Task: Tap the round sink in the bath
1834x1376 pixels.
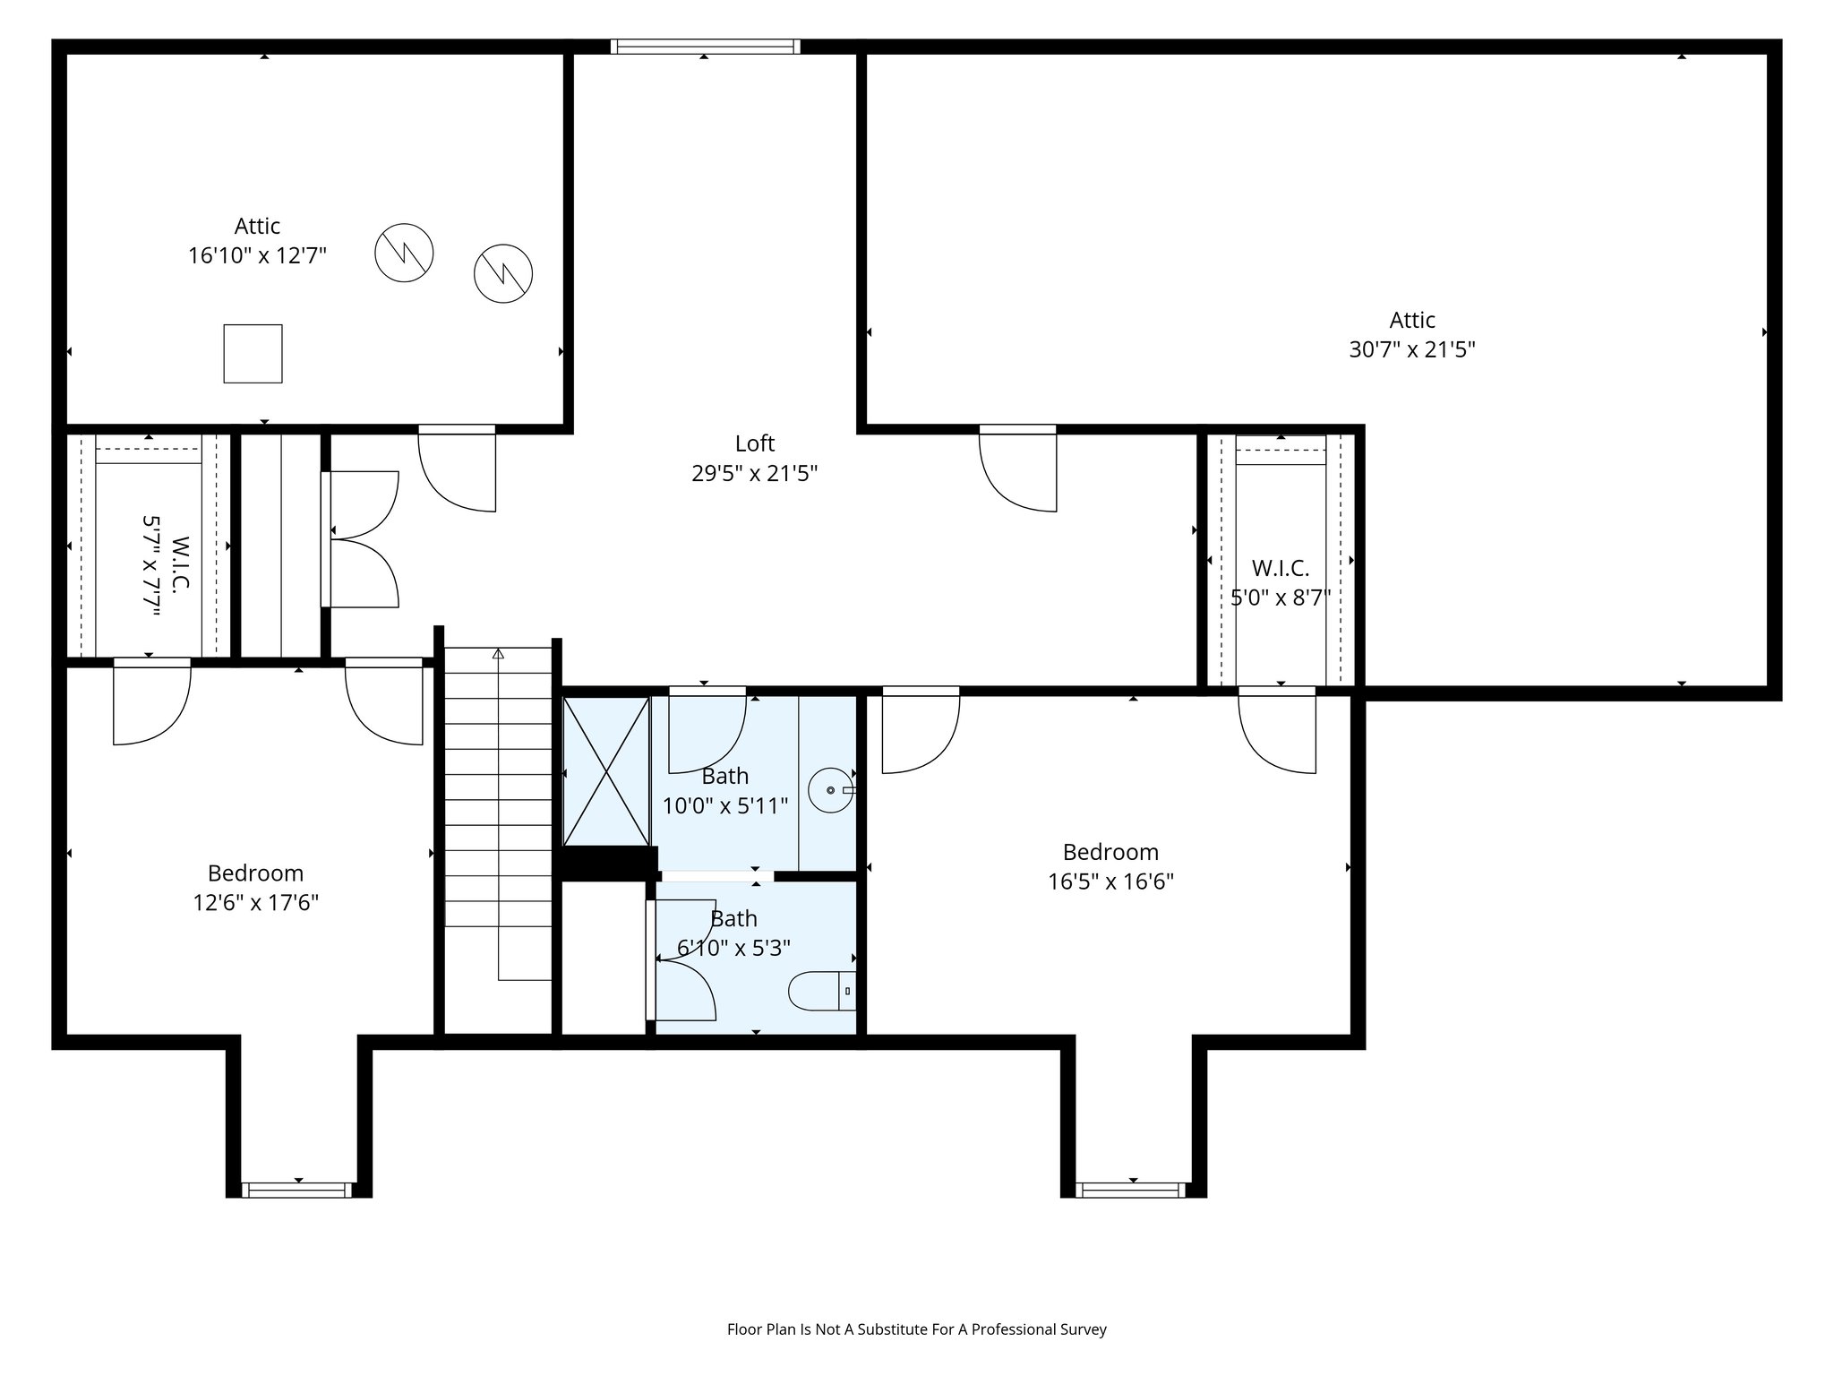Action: pos(831,790)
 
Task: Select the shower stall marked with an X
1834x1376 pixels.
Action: pos(606,771)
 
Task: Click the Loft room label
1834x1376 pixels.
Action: pos(754,443)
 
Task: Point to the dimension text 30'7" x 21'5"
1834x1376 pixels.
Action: pos(1411,349)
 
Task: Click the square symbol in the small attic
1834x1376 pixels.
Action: pos(253,354)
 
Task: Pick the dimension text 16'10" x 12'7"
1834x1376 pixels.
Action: pos(257,256)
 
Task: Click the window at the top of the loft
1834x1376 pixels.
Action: pos(705,47)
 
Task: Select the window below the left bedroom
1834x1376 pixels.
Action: pos(297,1190)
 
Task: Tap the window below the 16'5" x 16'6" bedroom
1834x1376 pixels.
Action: pos(1132,1190)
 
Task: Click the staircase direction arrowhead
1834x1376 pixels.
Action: pos(498,654)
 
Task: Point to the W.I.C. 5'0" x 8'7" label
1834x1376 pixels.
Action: pos(1280,582)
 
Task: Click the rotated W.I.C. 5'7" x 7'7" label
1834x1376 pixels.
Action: pos(166,564)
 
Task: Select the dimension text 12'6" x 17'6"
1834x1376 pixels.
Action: pos(256,902)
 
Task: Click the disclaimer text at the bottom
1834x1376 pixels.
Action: pos(916,1329)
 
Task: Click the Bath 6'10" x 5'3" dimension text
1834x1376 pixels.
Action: pos(733,948)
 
